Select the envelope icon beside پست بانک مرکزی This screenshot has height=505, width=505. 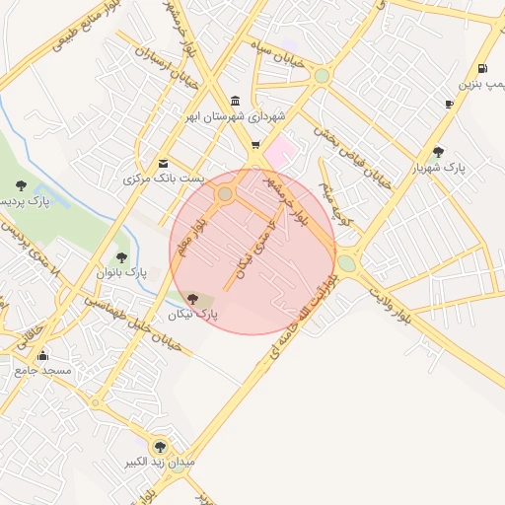(x=163, y=163)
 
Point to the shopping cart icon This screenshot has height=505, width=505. (x=256, y=146)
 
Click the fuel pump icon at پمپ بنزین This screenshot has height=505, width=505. (x=481, y=69)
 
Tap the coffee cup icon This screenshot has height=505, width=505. (x=450, y=104)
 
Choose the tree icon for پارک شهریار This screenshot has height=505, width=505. (x=438, y=152)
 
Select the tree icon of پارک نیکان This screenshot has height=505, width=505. (x=191, y=297)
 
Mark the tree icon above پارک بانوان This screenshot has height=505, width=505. (x=121, y=257)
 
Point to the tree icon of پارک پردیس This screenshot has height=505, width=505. (x=21, y=184)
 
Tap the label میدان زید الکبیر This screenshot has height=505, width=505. (x=160, y=462)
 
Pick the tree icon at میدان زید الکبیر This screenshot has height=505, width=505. (x=160, y=446)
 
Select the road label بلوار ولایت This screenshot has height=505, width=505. (x=390, y=301)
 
